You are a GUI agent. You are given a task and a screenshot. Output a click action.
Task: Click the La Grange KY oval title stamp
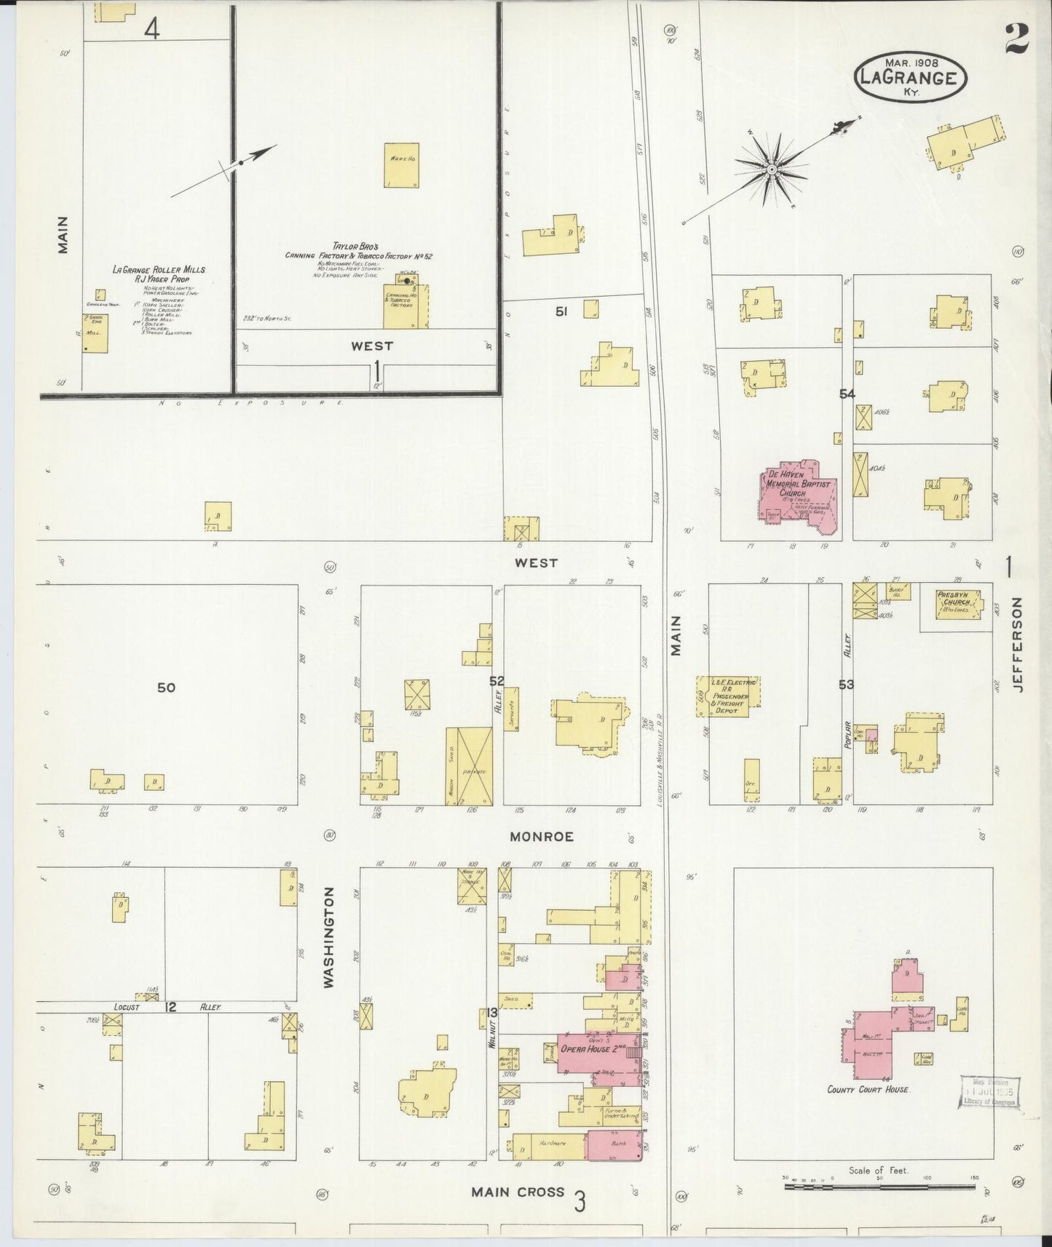tap(911, 75)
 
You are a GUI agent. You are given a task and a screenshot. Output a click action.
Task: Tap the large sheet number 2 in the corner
tap(1016, 39)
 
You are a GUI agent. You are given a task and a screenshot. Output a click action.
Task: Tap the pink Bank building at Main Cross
tap(614, 1150)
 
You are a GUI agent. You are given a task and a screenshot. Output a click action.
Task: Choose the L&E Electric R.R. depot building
tap(728, 696)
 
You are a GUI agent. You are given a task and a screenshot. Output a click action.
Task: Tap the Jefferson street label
tap(1018, 645)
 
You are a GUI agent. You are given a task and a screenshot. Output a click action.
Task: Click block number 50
tap(166, 688)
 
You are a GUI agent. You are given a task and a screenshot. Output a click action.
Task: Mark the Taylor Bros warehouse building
tap(401, 165)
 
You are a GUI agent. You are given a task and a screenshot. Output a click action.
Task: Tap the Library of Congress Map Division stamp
tap(989, 1091)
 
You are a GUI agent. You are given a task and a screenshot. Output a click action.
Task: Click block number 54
tap(847, 394)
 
